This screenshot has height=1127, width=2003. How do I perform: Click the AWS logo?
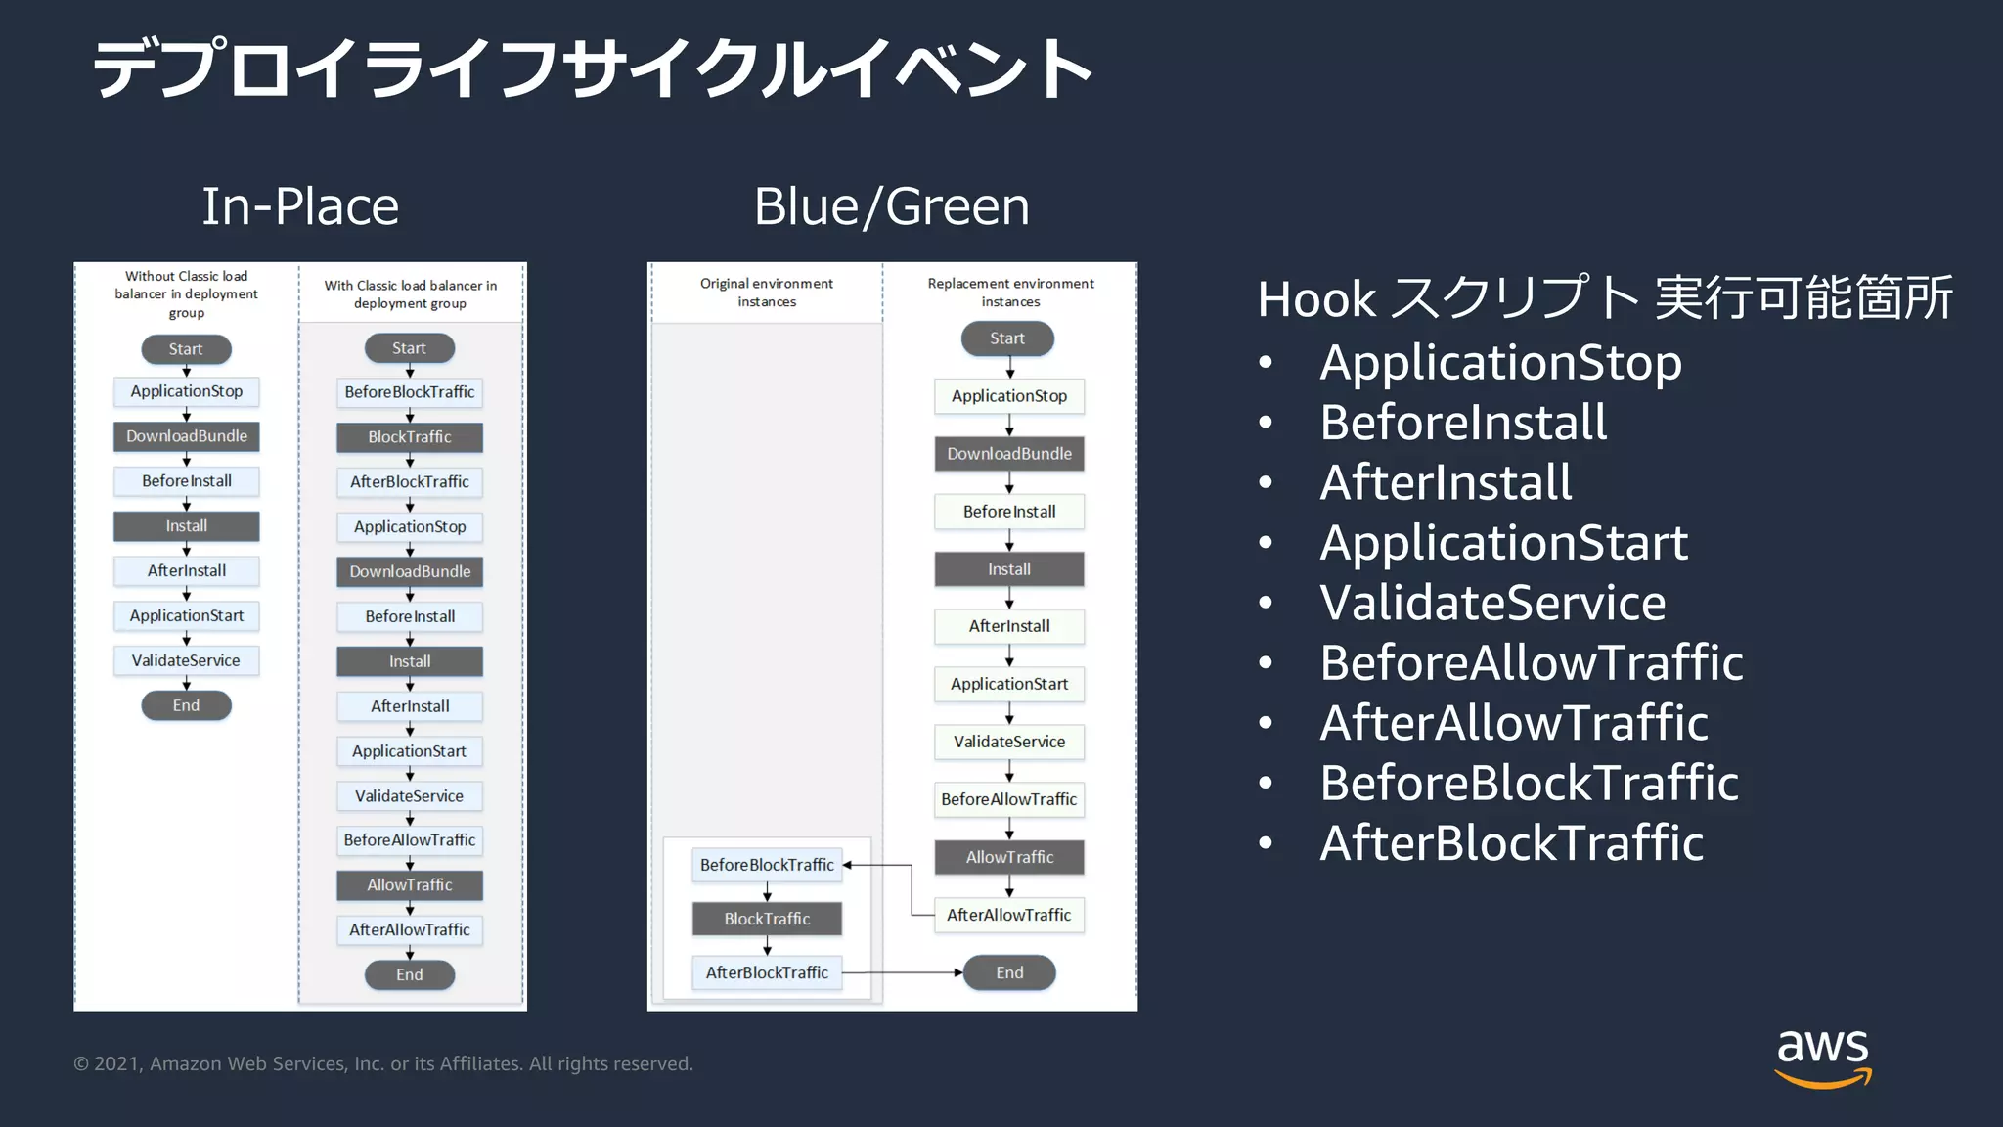[1822, 1057]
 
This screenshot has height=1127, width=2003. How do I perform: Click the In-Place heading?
[300, 206]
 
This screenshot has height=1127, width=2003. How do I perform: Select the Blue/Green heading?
[891, 206]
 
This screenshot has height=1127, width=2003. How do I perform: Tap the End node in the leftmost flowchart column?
[186, 705]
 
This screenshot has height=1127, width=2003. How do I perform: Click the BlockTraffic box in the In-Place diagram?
[410, 437]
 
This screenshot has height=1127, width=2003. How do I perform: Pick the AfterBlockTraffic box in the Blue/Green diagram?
[767, 972]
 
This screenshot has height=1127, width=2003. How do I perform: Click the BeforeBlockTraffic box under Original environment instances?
[767, 865]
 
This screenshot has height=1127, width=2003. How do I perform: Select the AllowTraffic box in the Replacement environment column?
[1009, 857]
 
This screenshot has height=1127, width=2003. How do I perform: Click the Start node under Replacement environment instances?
[1007, 338]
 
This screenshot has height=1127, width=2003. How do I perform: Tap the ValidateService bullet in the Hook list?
[1492, 603]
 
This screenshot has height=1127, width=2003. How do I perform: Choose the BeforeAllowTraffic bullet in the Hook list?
[1531, 663]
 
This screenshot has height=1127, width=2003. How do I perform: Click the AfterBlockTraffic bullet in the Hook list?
[1511, 843]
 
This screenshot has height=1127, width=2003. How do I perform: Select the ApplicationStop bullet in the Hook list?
[1500, 363]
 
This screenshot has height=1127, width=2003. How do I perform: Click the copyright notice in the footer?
[383, 1063]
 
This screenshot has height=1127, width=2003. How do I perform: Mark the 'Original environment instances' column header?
[767, 293]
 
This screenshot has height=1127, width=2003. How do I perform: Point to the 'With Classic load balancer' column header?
[411, 293]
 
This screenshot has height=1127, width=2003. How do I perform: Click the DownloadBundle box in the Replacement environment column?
[1009, 454]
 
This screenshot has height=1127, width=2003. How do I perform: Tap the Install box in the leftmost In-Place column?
[186, 526]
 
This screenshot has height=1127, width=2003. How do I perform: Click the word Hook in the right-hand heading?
[1316, 299]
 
